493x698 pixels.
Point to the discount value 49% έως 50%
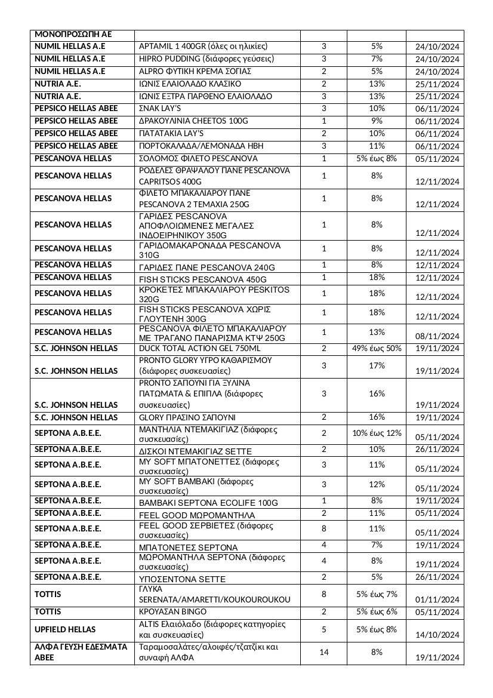pos(376,348)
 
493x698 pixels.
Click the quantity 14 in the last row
pos(324,652)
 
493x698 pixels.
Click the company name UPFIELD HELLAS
pos(65,629)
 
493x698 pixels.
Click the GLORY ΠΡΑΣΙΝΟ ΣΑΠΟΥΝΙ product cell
pos(187,417)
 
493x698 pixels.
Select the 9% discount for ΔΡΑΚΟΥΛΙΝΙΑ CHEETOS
pos(376,121)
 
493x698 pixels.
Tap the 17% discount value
pos(376,365)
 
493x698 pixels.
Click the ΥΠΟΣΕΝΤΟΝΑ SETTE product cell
pos(182,579)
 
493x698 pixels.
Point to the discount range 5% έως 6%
pos(376,612)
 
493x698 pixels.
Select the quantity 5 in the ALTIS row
pos(324,629)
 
